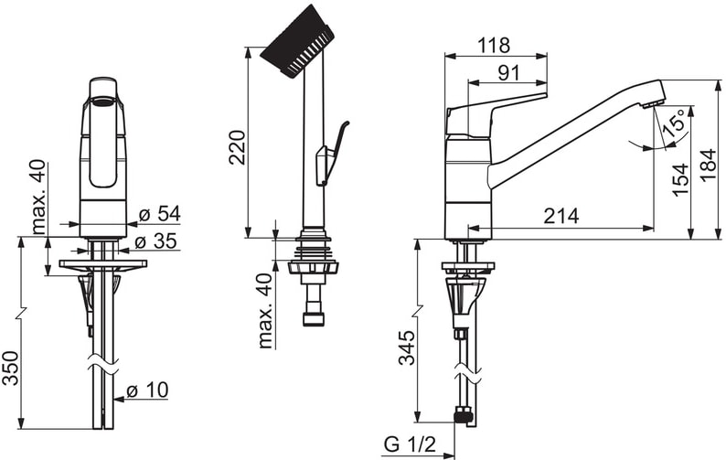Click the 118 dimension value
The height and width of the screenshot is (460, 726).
494,46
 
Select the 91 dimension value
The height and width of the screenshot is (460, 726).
509,73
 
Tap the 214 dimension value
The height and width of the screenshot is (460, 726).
561,216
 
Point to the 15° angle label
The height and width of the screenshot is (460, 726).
675,123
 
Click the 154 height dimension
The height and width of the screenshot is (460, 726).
680,180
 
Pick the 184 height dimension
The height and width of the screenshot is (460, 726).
709,166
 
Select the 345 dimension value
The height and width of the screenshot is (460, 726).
407,348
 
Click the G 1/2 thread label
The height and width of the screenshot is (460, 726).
411,444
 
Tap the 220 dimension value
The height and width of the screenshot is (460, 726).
238,147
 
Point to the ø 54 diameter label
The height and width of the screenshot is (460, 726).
160,214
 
